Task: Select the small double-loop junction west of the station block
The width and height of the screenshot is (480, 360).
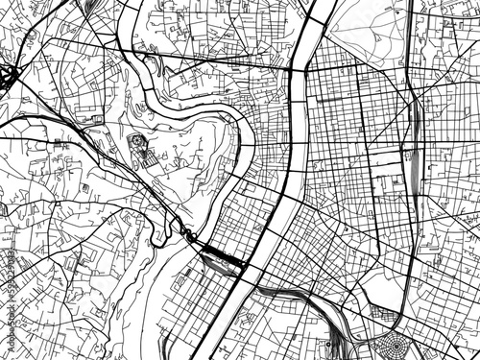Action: point(190,236)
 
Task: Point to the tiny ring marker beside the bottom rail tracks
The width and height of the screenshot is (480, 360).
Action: point(329,343)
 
